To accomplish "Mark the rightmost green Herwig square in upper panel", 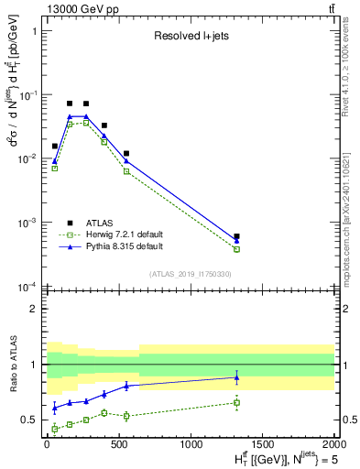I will [236, 249].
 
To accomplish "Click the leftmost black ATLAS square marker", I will [54, 146].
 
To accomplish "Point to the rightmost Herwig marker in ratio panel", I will [236, 402].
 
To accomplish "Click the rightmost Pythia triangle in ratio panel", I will [236, 376].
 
